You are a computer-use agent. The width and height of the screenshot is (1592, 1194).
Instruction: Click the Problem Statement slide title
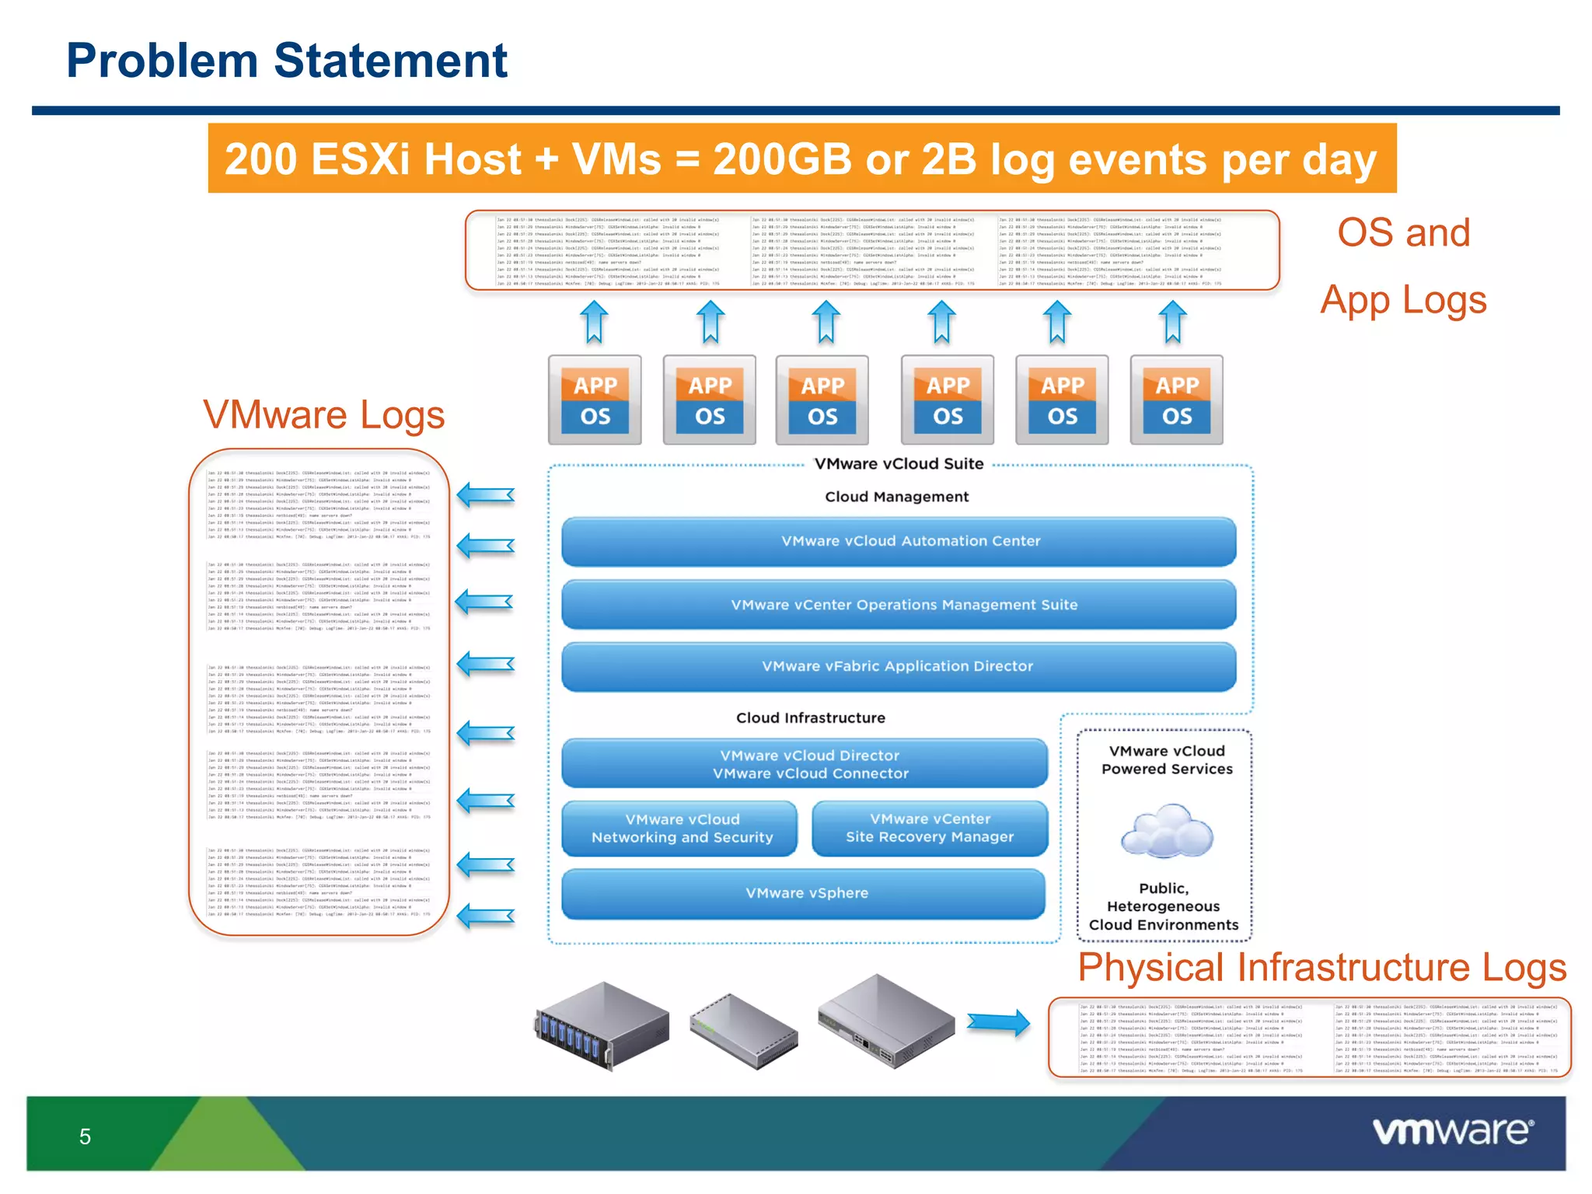(287, 61)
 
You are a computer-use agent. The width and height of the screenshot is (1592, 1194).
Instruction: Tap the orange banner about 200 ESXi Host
(801, 159)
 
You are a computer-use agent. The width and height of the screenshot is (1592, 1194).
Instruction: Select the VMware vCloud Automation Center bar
(899, 541)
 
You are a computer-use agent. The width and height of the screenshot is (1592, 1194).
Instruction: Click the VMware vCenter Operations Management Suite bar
(899, 605)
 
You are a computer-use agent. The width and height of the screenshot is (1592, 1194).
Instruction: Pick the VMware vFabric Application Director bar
(899, 666)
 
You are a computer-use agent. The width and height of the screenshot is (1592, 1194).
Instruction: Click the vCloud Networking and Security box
(681, 829)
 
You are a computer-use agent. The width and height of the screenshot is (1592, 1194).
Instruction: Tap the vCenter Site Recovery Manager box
(930, 829)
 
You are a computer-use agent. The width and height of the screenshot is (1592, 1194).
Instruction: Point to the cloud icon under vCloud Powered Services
(1166, 832)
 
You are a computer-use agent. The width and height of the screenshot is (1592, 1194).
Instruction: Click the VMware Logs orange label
(323, 415)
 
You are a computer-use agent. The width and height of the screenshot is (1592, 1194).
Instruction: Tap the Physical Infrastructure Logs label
(1321, 968)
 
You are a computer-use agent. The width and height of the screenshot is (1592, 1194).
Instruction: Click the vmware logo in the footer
(1452, 1131)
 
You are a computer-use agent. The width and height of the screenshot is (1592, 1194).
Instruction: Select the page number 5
(86, 1137)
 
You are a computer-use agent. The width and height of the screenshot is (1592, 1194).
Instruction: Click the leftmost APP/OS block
(595, 400)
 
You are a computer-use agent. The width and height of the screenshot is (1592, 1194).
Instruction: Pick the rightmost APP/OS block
(1176, 400)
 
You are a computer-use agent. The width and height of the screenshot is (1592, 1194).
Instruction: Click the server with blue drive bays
(602, 1026)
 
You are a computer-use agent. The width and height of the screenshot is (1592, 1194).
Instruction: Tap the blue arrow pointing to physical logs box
(999, 1022)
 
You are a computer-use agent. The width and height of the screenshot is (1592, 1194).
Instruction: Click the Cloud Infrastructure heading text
(810, 718)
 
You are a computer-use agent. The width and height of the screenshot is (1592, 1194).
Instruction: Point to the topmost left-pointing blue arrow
(486, 495)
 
